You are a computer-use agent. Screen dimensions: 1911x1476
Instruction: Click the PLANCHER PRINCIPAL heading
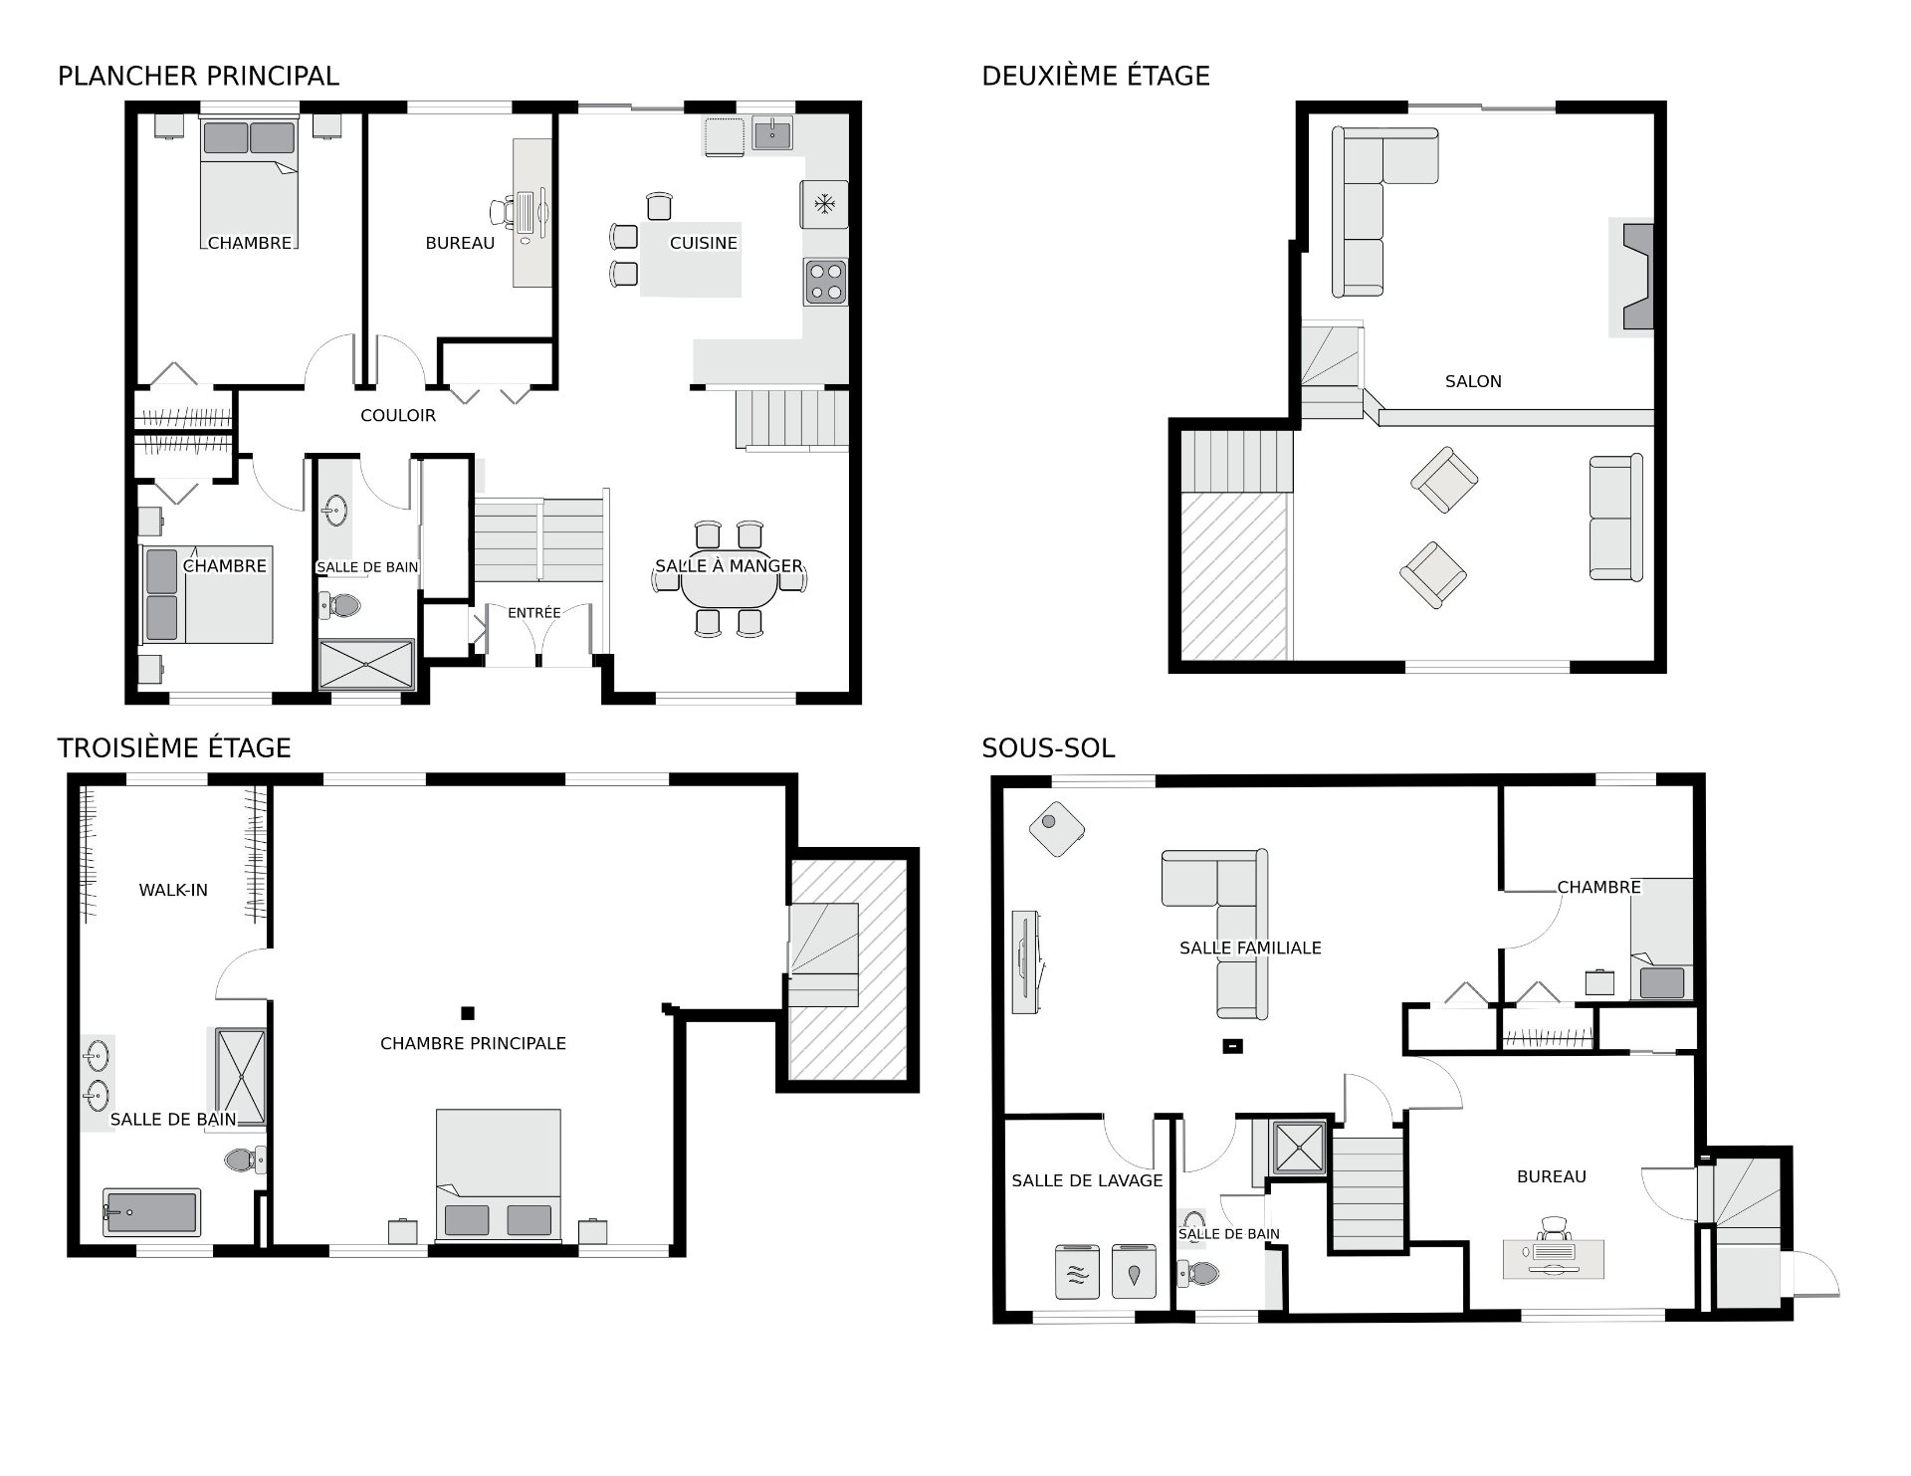198,76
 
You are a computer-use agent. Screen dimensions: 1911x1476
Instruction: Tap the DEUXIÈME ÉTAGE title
1095,76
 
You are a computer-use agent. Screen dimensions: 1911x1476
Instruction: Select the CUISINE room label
704,243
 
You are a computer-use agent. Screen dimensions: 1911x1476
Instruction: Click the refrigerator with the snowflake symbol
824,205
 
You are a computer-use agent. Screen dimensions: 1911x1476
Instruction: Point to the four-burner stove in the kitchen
826,281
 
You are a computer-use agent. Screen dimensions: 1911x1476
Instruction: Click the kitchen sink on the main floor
772,133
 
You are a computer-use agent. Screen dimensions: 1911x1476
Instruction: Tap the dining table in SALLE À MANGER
730,590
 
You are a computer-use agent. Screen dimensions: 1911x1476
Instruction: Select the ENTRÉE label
534,613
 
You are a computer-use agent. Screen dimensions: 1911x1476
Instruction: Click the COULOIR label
398,415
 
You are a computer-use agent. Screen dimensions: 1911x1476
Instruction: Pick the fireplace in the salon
1632,277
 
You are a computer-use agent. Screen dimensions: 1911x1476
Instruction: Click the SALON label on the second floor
1473,381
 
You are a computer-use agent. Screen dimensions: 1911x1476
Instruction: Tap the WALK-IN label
173,890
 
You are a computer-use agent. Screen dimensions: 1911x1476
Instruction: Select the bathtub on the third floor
151,1212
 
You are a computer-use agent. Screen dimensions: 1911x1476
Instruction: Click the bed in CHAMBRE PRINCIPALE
498,1175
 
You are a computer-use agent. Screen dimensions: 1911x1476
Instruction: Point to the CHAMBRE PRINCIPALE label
473,1043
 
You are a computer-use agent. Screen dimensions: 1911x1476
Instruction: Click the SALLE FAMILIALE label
1250,948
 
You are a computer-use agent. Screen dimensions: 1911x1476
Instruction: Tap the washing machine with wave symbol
1077,1270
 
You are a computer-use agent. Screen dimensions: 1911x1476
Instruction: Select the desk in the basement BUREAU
1554,1258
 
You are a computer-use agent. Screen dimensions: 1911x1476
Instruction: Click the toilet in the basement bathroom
1198,1273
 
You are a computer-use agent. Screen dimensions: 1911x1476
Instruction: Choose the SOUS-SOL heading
1048,748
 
